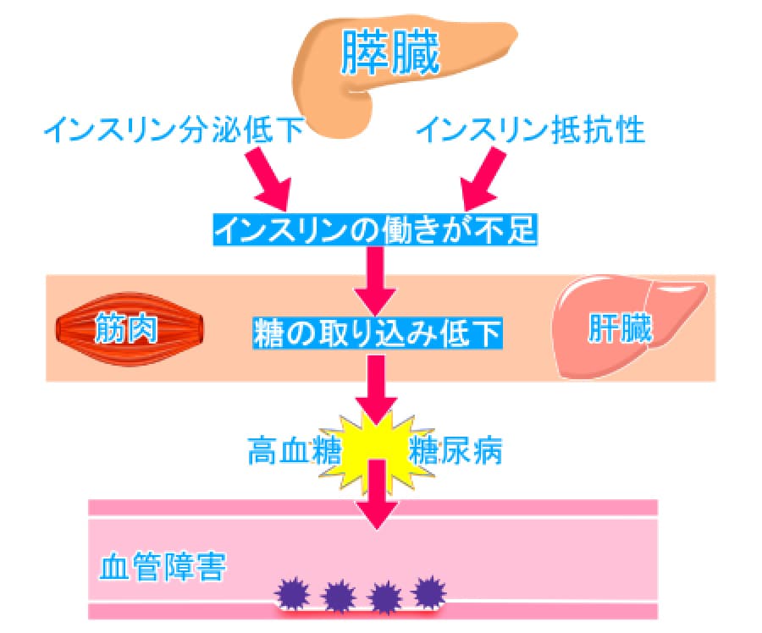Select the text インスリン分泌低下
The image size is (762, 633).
point(173,131)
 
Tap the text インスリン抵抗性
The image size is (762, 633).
point(532,131)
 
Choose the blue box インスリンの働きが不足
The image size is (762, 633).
point(374,229)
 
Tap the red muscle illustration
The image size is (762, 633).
point(131,329)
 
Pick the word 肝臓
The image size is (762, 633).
point(621,331)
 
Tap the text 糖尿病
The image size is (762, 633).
point(455,451)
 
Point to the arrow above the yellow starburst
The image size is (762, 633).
point(374,389)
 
